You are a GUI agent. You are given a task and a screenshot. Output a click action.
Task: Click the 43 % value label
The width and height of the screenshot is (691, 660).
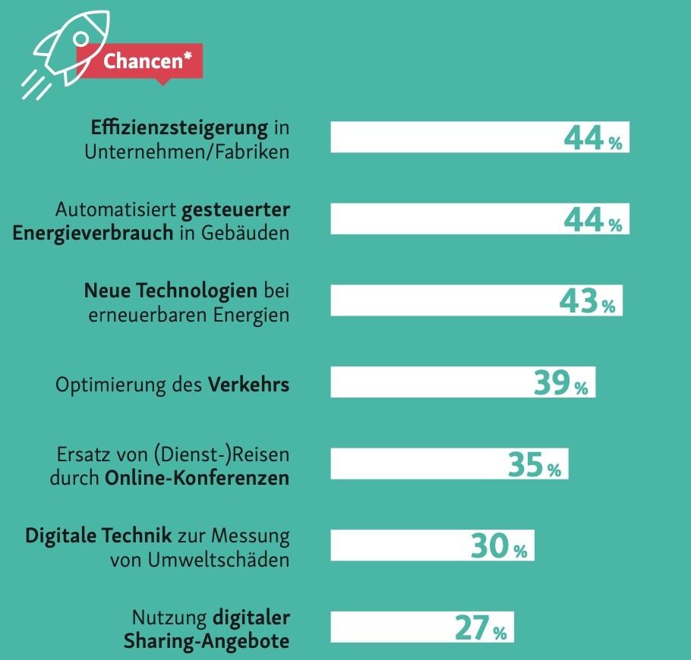587,301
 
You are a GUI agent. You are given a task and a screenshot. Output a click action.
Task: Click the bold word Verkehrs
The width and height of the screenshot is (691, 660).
249,385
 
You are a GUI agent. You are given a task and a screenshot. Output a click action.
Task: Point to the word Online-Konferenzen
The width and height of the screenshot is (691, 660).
197,479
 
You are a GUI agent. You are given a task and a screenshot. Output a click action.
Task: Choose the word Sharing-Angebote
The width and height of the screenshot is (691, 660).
207,641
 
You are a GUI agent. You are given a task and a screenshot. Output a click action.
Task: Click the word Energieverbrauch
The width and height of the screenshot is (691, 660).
93,233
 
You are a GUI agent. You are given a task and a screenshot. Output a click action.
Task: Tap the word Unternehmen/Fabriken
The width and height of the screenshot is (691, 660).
187,151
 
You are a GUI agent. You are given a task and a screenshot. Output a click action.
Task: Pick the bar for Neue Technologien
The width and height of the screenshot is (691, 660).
440,301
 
